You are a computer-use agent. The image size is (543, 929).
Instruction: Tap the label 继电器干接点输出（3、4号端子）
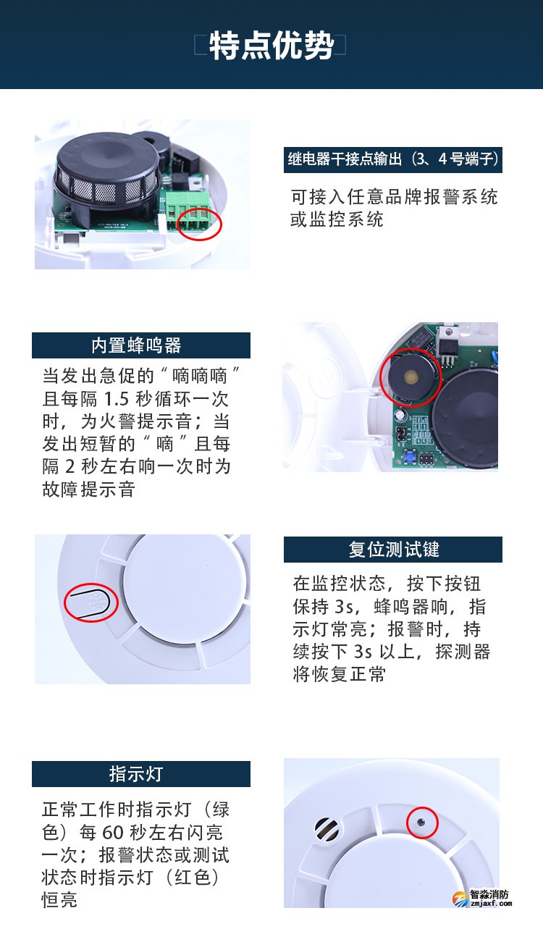pyautogui.click(x=392, y=159)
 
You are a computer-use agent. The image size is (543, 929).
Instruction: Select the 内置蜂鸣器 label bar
pyautogui.click(x=140, y=345)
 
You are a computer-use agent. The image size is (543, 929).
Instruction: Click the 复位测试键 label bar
pyautogui.click(x=392, y=550)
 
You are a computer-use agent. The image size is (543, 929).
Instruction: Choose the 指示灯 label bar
pyautogui.click(x=140, y=774)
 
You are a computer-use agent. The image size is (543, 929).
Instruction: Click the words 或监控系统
pyautogui.click(x=337, y=219)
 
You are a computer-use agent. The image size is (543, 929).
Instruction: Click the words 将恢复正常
pyautogui.click(x=339, y=674)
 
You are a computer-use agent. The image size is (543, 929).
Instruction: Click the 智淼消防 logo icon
pyautogui.click(x=460, y=899)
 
